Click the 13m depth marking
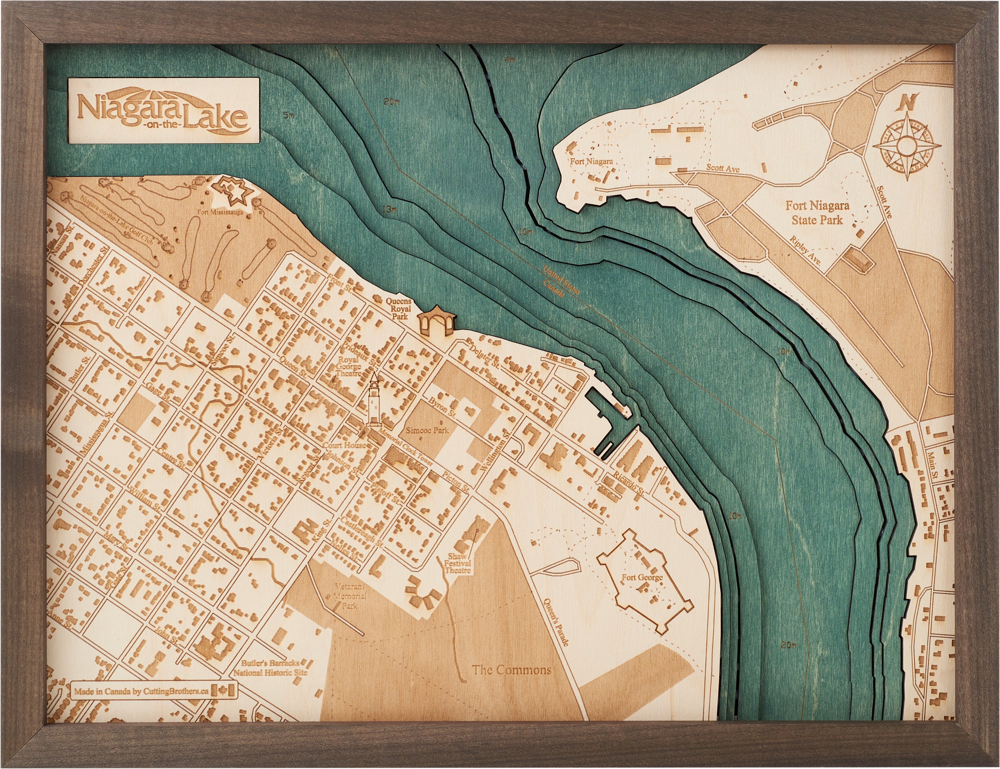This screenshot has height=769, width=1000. (x=388, y=209)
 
